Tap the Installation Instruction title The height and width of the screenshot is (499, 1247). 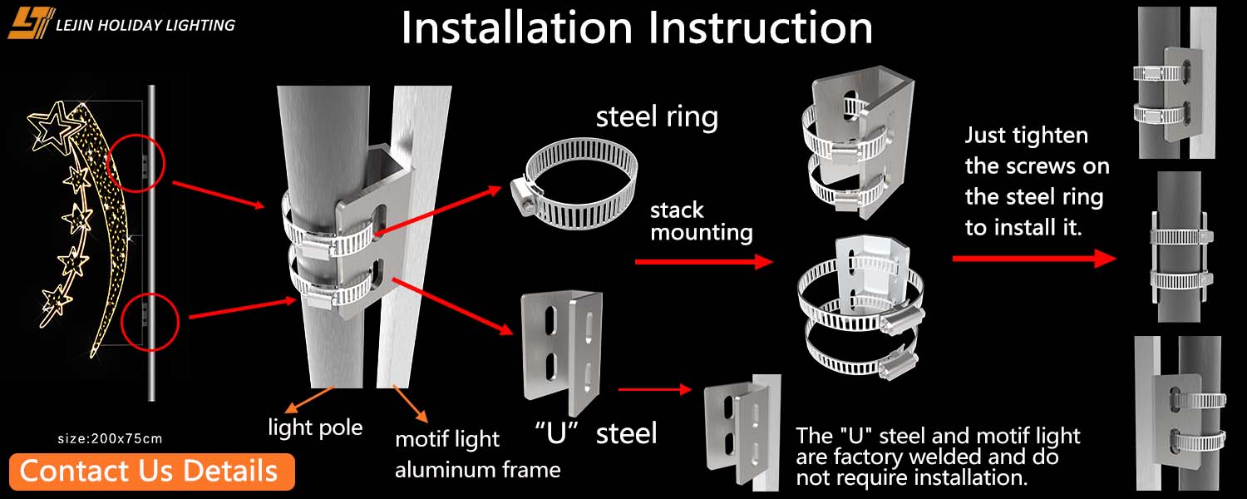click(637, 28)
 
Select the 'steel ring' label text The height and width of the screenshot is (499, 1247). click(657, 116)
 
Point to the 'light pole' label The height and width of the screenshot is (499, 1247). click(315, 428)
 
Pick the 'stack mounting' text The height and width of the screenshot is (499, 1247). click(701, 221)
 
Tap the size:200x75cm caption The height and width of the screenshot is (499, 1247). click(111, 438)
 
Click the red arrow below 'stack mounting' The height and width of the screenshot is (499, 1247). click(703, 262)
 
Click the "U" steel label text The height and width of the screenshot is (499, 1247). click(595, 432)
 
